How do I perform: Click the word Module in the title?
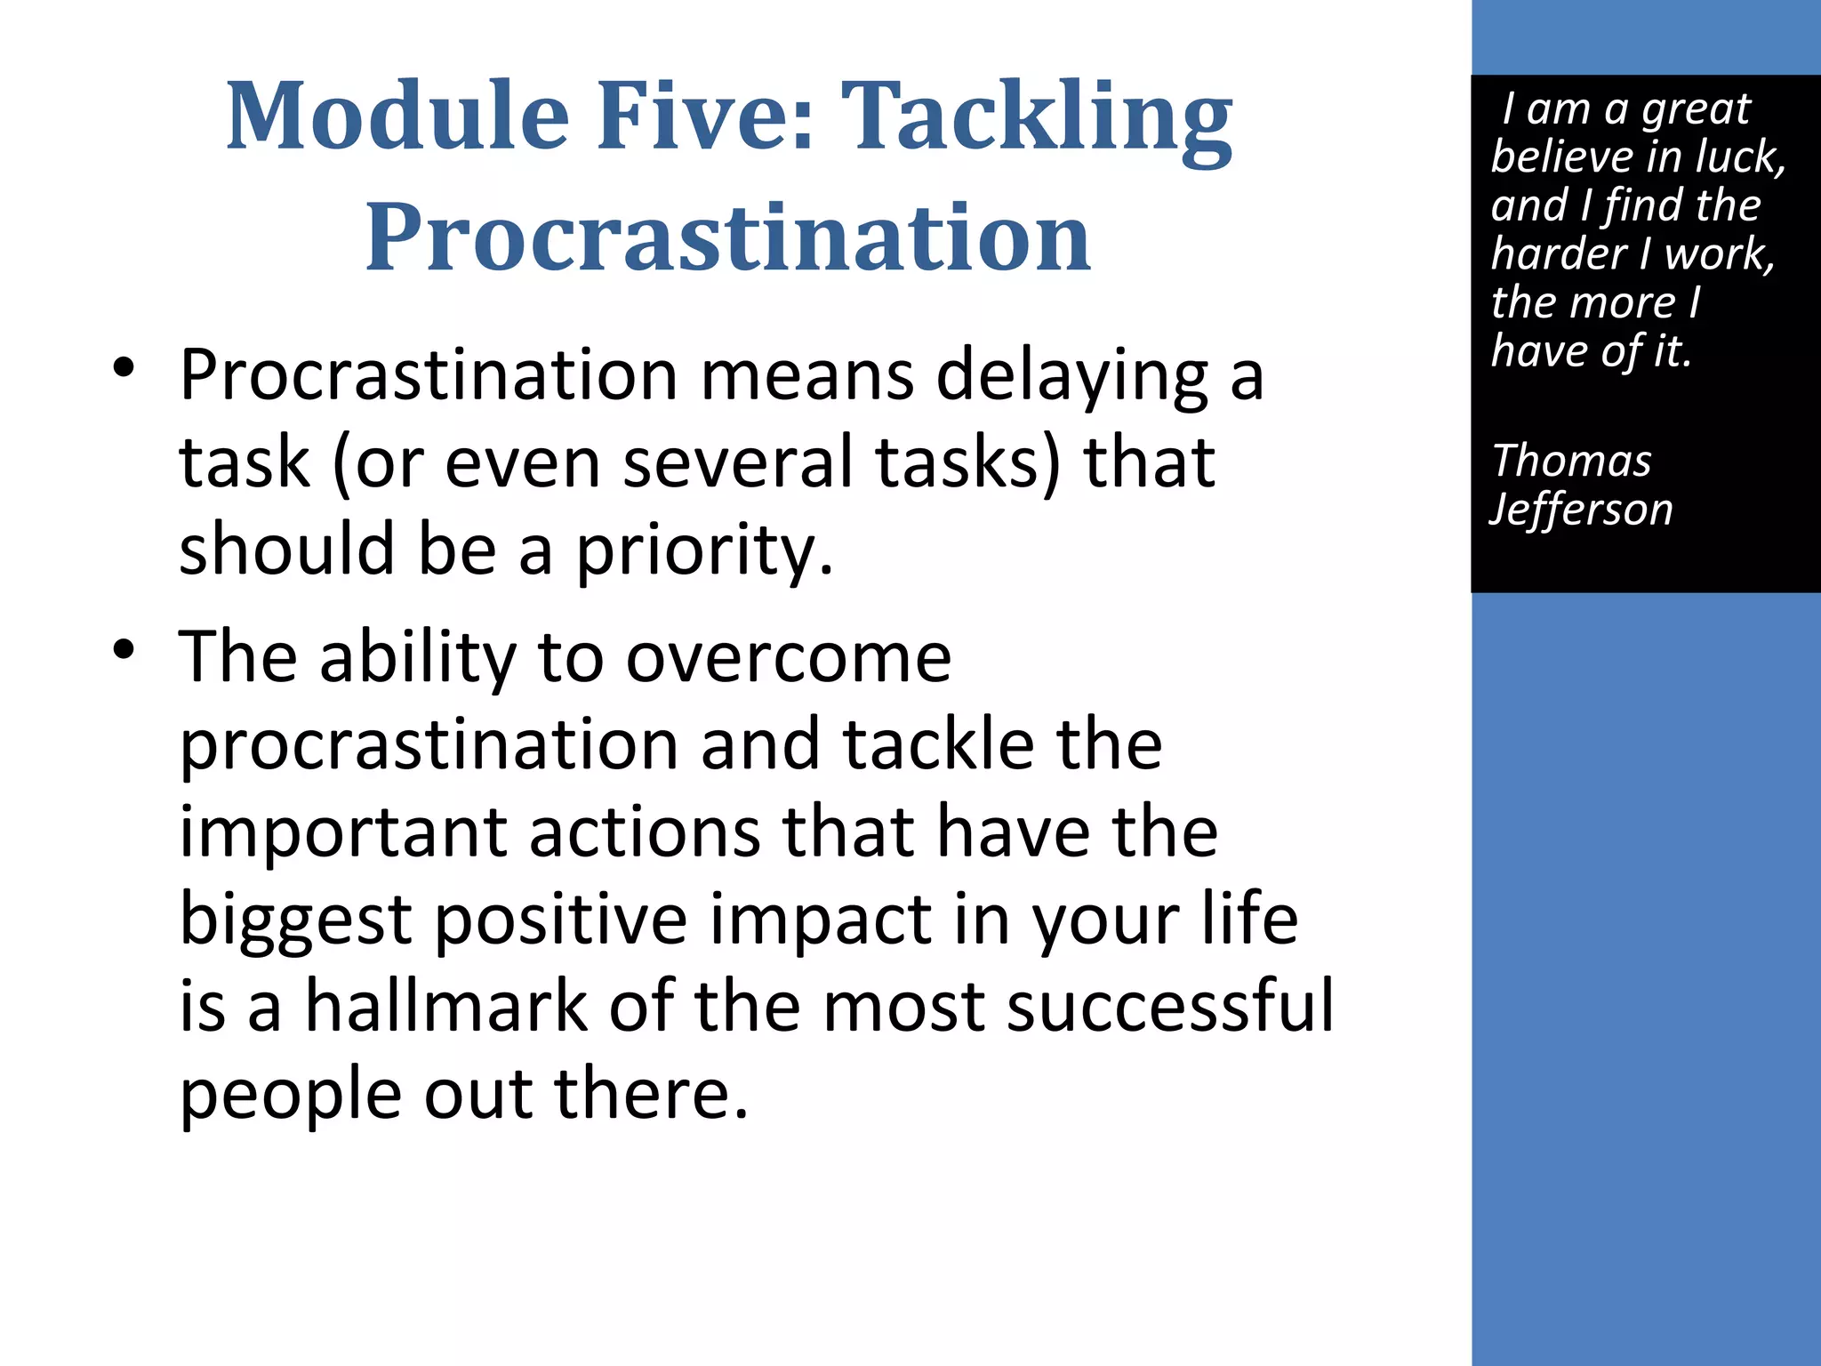point(397,116)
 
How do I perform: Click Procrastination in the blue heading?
point(727,237)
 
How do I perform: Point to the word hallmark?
point(446,1007)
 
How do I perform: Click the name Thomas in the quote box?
point(1571,461)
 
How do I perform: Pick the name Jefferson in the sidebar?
point(1582,510)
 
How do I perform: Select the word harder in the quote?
point(1560,254)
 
